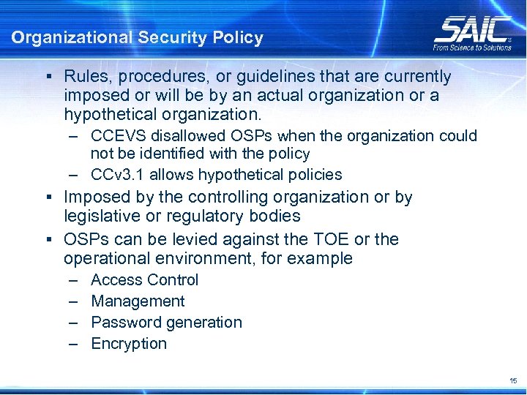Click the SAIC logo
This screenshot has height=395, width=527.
point(472,29)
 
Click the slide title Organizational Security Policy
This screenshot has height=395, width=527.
point(137,38)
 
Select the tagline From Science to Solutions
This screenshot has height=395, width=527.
point(472,48)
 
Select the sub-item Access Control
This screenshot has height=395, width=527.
point(144,280)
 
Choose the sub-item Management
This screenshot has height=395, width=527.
point(138,301)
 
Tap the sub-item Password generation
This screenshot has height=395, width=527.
point(166,323)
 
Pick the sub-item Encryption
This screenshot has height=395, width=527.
point(129,344)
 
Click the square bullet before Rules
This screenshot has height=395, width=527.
point(48,77)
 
